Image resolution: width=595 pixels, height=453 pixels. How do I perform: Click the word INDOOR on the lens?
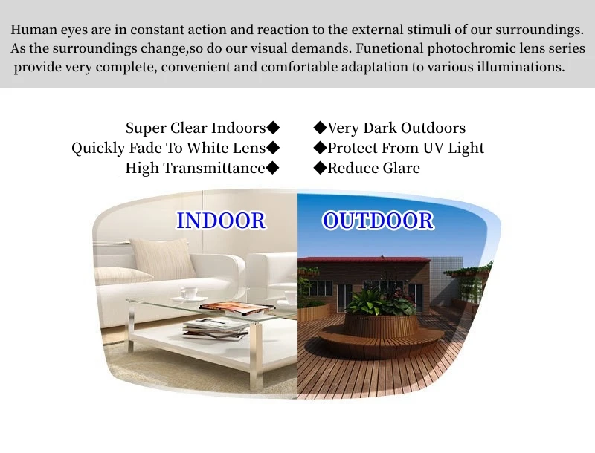[221, 221]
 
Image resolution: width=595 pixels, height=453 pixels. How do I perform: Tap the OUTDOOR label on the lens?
[378, 221]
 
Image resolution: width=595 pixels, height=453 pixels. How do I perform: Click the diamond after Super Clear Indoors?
[273, 128]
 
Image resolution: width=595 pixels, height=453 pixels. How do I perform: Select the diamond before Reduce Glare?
[321, 168]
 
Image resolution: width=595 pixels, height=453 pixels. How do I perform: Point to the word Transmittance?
[214, 168]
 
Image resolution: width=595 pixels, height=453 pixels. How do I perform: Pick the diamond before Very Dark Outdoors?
[321, 128]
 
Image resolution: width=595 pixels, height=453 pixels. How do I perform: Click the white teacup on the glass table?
[189, 293]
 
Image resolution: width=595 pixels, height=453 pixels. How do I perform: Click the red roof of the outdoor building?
[364, 260]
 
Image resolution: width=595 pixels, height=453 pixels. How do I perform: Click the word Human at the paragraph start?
[34, 30]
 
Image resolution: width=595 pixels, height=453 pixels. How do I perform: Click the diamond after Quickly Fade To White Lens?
[273, 148]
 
